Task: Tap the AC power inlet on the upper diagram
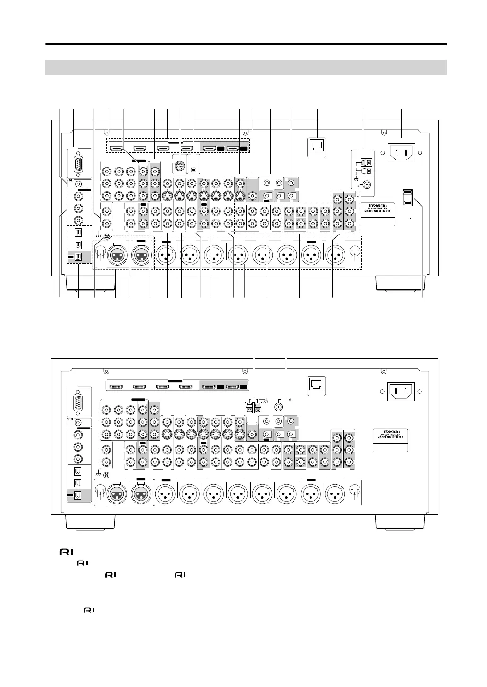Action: [401, 152]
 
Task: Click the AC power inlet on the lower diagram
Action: [401, 391]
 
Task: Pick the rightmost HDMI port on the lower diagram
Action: [232, 387]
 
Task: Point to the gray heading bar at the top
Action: [246, 67]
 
